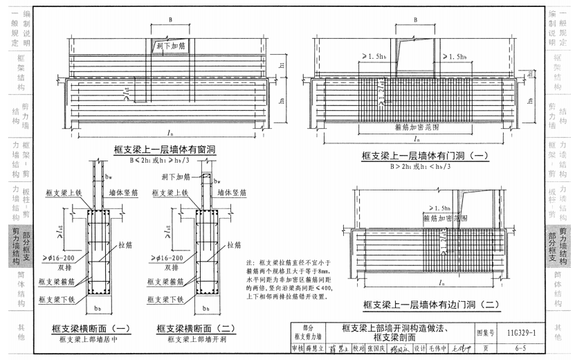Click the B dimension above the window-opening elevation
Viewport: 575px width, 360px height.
click(x=170, y=20)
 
